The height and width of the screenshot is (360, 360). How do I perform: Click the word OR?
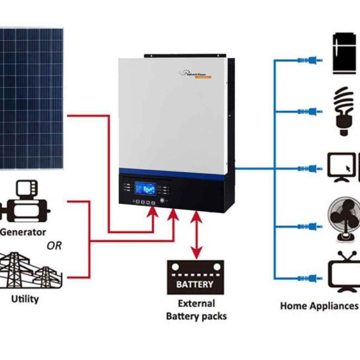coord(54,245)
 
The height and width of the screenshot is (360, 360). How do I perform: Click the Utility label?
coord(25,298)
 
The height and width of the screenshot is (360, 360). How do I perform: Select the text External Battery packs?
coord(196,310)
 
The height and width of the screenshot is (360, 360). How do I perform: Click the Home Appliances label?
coord(319,306)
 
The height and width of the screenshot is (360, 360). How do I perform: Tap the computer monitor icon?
coord(344,165)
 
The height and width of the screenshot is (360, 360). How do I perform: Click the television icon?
coord(344,274)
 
